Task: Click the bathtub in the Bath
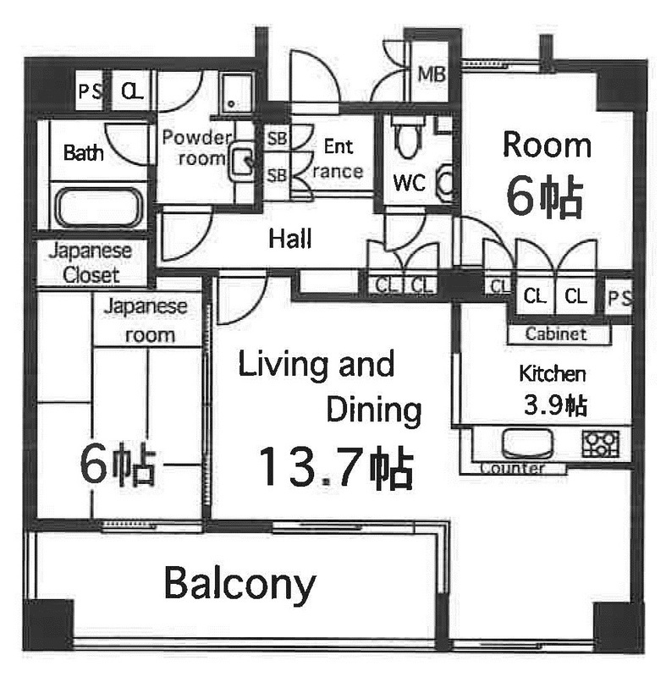pyautogui.click(x=99, y=207)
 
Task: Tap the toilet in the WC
pyautogui.click(x=407, y=135)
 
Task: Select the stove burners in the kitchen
pyautogui.click(x=600, y=443)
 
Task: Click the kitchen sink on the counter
pyautogui.click(x=527, y=443)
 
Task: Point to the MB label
pyautogui.click(x=432, y=74)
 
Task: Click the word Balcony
pyautogui.click(x=240, y=584)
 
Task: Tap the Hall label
pyautogui.click(x=290, y=239)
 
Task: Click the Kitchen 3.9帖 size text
pyautogui.click(x=555, y=406)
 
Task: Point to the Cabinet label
pyautogui.click(x=556, y=333)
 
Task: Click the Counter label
pyautogui.click(x=512, y=468)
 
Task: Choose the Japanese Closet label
pyautogui.click(x=91, y=263)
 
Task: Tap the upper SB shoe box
pyautogui.click(x=277, y=138)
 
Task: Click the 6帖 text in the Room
pyautogui.click(x=545, y=196)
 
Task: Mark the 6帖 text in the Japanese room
pyautogui.click(x=118, y=464)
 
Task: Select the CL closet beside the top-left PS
pyautogui.click(x=132, y=91)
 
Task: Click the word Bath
pyautogui.click(x=83, y=153)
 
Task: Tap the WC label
pyautogui.click(x=410, y=183)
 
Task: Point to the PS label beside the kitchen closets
pyautogui.click(x=619, y=298)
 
